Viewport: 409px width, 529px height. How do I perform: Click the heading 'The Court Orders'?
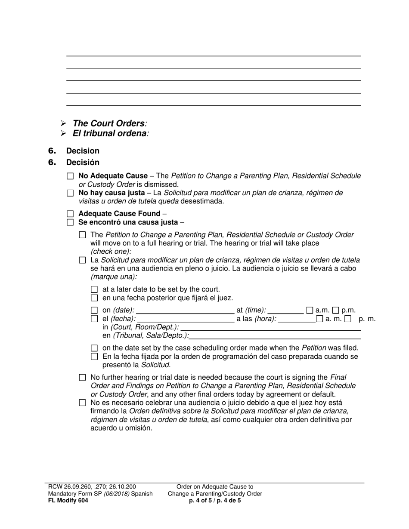(108, 123)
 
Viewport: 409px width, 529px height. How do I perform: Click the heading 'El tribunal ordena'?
(109, 133)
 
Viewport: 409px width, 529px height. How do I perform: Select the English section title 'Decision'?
(83, 151)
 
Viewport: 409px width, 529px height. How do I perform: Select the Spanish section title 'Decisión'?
(83, 163)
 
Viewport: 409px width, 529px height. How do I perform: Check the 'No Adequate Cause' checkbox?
(71, 176)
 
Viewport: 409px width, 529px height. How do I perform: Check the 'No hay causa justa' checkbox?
(71, 193)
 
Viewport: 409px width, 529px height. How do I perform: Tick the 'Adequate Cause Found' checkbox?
(71, 214)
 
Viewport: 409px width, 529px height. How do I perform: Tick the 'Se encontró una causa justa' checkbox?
(71, 222)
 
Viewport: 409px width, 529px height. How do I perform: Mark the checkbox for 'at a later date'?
(95, 289)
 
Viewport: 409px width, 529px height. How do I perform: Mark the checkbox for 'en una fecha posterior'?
(95, 298)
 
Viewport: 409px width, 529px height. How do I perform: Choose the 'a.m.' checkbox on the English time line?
(310, 310)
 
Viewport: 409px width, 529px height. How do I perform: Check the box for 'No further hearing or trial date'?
(83, 378)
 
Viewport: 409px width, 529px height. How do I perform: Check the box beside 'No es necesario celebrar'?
(83, 403)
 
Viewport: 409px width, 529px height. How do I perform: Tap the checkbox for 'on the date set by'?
(95, 348)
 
